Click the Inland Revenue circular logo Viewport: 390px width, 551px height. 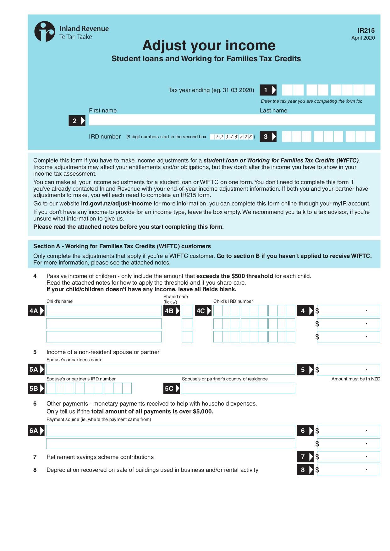[x=45, y=31]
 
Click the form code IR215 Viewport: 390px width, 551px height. [x=366, y=30]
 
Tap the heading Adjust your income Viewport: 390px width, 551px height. [x=209, y=46]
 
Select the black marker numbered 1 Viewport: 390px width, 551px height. [x=268, y=90]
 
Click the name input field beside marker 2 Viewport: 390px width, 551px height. [x=232, y=120]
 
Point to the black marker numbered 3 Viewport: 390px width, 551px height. [x=268, y=137]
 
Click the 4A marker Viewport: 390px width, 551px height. [x=36, y=311]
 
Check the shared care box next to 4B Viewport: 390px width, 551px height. [x=187, y=311]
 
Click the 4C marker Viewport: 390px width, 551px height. [x=203, y=311]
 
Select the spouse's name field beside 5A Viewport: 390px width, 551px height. [x=171, y=369]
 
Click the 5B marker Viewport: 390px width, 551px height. [x=36, y=389]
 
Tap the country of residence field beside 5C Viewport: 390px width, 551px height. [x=238, y=388]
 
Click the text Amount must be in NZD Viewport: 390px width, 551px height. [x=355, y=379]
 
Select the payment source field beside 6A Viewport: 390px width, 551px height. [x=171, y=431]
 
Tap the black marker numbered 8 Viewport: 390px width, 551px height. [x=305, y=470]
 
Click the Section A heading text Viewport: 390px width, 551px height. [x=122, y=246]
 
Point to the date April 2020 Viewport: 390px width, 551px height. [x=363, y=38]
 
